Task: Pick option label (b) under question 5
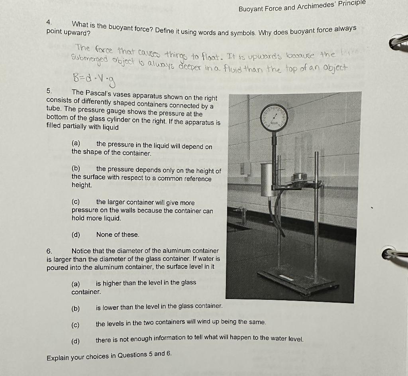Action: coord(76,168)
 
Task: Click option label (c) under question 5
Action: coord(76,202)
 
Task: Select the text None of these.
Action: coord(118,234)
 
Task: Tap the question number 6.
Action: coord(49,251)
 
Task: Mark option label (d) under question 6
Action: coord(75,341)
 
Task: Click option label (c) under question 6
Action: coord(75,324)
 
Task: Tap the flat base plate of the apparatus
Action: coord(297,282)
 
